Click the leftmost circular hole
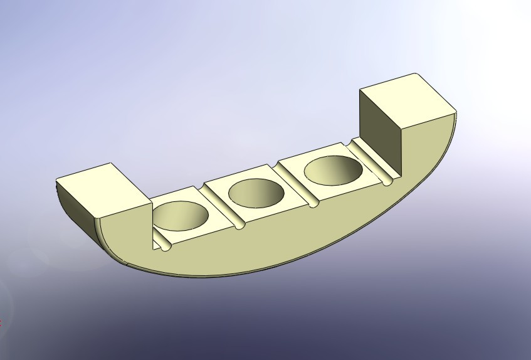(180, 215)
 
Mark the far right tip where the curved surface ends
(456, 114)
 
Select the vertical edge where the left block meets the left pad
(152, 223)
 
